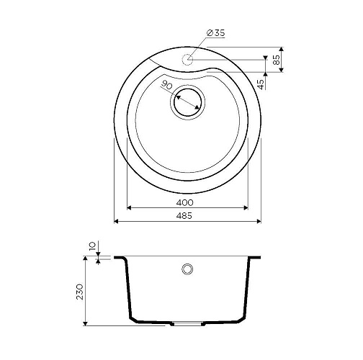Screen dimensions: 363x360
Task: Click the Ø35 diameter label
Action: [216, 33]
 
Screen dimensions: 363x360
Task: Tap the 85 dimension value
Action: [277, 60]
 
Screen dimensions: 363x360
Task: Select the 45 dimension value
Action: [261, 84]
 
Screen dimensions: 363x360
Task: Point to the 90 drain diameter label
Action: [167, 85]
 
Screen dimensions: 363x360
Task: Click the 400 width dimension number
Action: [184, 203]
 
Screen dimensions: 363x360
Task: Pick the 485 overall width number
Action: [184, 216]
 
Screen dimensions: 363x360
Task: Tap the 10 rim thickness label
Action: [92, 246]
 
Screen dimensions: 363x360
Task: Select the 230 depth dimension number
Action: [79, 292]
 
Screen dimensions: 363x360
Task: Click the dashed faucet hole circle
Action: [187, 59]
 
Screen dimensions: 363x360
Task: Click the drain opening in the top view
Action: [187, 102]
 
